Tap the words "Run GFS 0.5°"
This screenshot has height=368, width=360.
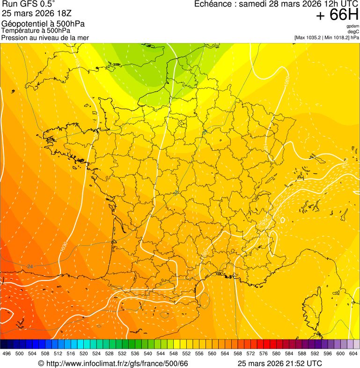(29, 5)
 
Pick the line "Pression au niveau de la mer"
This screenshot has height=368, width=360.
(45, 37)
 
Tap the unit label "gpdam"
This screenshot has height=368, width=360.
(353, 26)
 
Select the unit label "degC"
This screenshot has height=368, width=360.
(354, 32)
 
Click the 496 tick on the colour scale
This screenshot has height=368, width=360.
(7, 354)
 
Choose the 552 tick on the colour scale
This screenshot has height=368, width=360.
(187, 354)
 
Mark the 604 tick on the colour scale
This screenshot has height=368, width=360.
(353, 354)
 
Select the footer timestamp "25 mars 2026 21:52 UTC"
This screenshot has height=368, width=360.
(279, 363)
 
